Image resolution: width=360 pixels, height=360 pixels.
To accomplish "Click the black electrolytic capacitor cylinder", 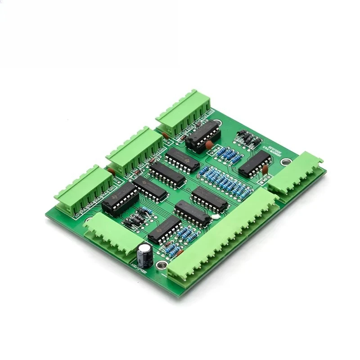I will [145, 254].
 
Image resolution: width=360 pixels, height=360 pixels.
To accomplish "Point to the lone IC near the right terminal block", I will [255, 164].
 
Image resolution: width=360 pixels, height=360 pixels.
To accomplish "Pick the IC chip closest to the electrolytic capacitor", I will [164, 229].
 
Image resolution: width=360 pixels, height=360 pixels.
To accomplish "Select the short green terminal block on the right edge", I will [297, 173].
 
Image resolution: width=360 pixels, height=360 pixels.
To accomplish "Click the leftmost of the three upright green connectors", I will [83, 189].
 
